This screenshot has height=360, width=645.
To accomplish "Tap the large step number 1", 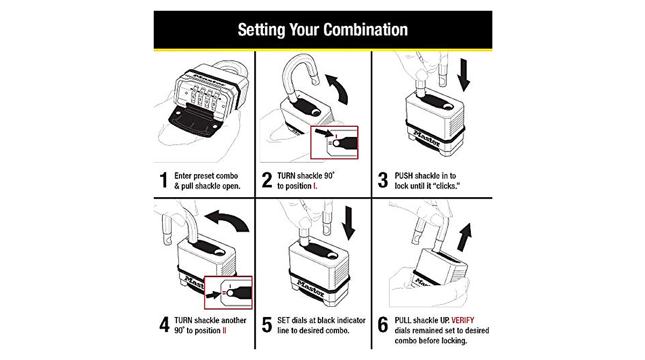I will point(164,181).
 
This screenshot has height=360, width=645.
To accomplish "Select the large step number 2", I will point(267,181).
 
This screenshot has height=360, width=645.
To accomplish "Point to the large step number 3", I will point(383,181).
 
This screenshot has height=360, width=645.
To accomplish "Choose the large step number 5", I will point(267,326).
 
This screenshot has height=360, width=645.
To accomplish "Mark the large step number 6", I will point(383,326).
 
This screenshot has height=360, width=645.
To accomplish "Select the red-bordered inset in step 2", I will point(334,142).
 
